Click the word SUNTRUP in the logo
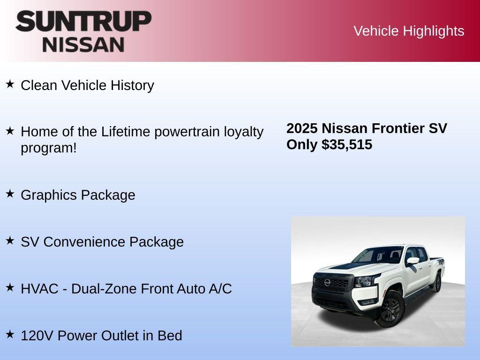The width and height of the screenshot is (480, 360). coord(83,22)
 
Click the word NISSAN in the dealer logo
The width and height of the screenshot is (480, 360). coord(83,45)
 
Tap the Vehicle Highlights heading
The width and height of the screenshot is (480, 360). coord(409,31)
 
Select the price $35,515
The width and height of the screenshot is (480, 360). coord(347,144)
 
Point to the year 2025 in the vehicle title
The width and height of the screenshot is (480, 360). coord(302,128)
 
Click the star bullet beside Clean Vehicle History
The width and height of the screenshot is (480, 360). coord(10,84)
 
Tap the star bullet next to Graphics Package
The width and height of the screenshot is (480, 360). coord(10,194)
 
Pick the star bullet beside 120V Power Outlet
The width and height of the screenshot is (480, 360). coord(10,335)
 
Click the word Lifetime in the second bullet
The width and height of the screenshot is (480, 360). coord(126,132)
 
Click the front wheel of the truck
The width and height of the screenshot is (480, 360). coord(390,309)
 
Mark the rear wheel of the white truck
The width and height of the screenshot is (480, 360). coord(437,283)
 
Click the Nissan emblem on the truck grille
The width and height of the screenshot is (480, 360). coord(327,283)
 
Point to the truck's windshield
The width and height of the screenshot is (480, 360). coord(373,255)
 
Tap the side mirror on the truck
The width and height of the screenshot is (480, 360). coord(412,261)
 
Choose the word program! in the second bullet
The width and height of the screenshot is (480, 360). coord(48,148)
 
